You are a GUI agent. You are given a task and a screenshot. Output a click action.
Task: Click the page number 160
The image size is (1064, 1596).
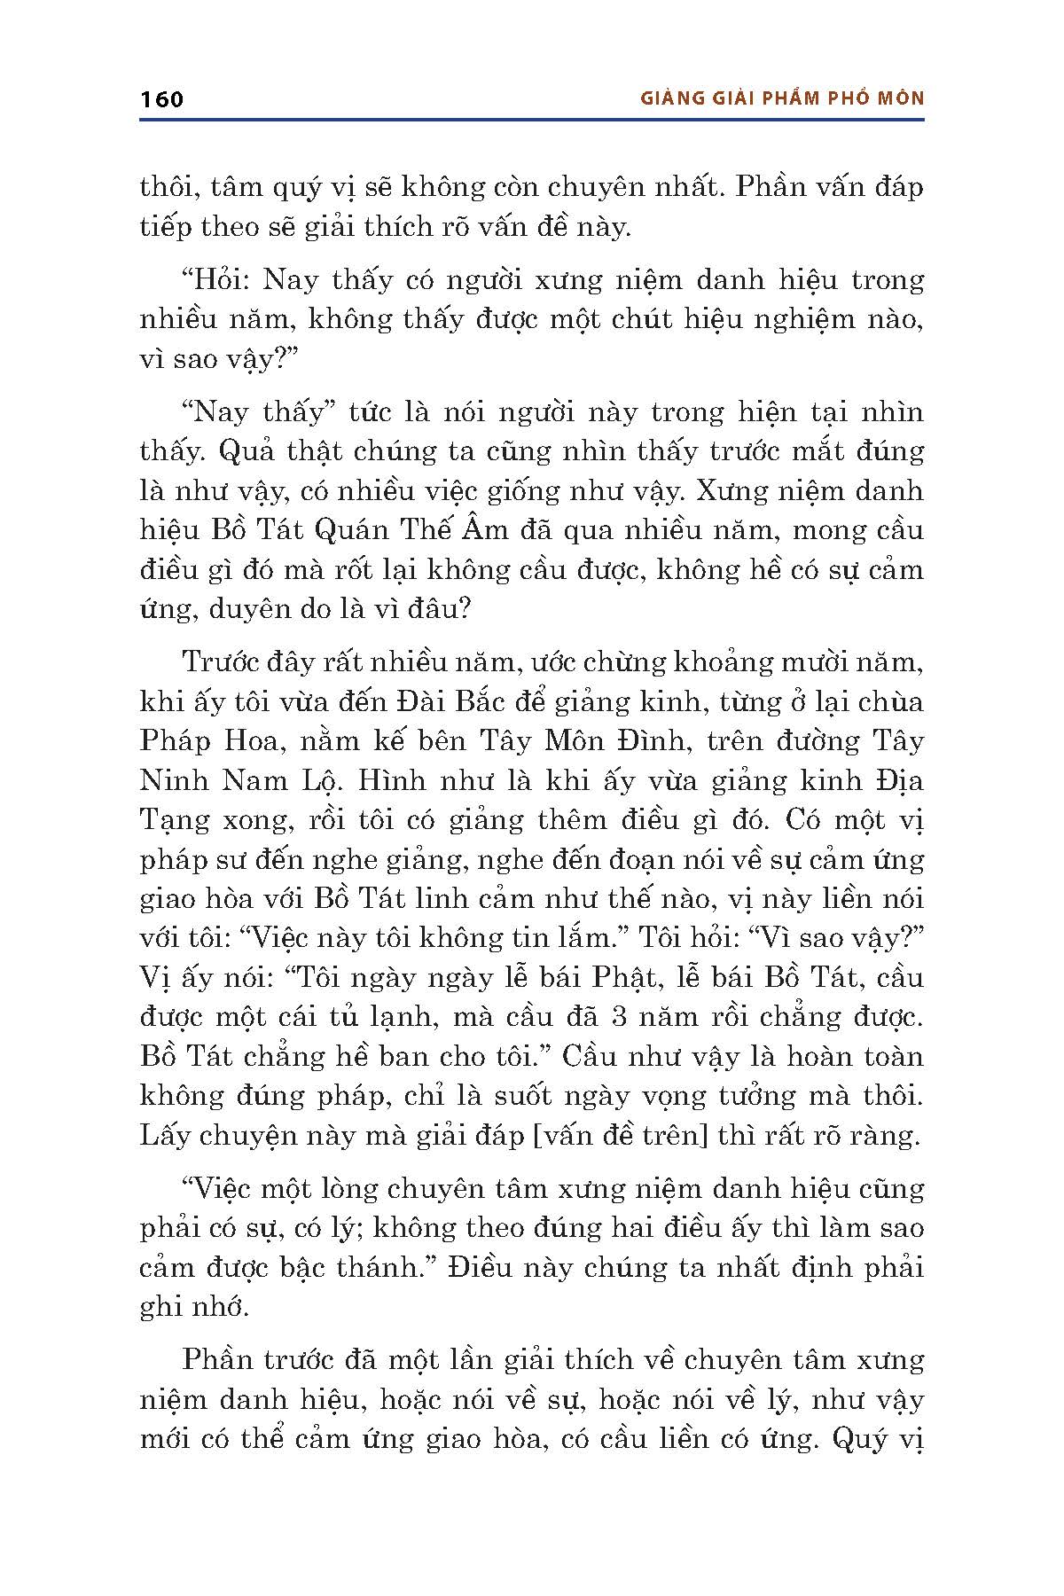(161, 98)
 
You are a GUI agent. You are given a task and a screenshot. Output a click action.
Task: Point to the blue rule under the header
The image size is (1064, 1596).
(532, 120)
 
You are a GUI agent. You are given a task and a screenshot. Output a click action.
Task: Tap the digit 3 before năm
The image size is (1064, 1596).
(620, 1016)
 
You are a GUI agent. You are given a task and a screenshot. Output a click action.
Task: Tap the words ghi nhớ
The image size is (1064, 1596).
(194, 1307)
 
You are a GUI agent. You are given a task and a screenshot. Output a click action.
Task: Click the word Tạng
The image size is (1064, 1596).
(175, 820)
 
